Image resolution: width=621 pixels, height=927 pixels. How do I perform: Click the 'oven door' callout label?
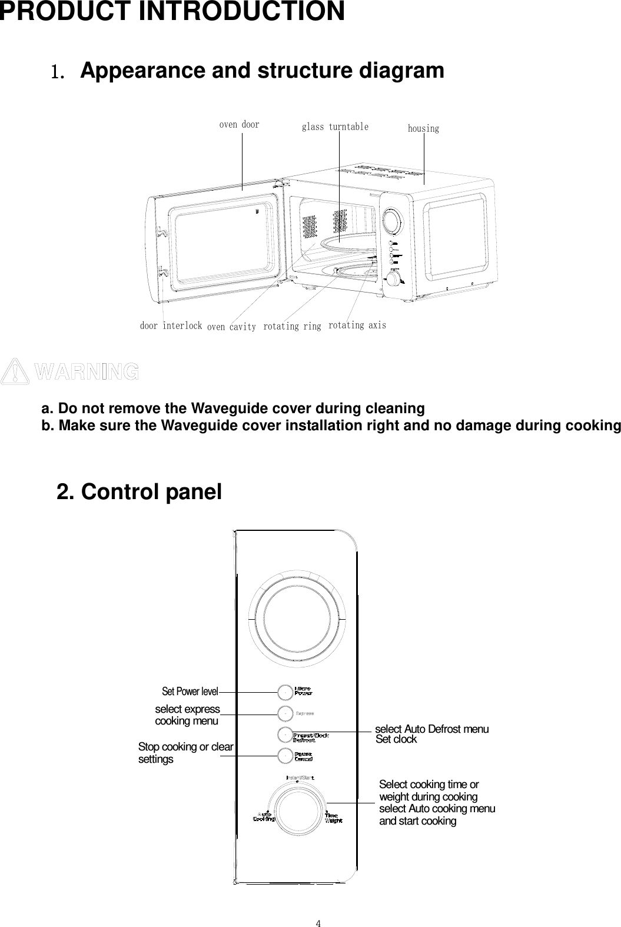coord(239,125)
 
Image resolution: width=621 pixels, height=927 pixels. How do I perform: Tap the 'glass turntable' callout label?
coord(335,127)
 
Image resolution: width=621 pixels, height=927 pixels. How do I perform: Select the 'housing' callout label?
coord(423,128)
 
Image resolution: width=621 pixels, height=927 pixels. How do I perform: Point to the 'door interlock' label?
coord(171,325)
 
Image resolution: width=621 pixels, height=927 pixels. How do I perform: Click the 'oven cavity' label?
coord(231,327)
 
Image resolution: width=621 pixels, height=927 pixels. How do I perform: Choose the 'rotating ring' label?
coord(292,326)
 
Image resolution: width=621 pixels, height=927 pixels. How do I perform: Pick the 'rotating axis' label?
coord(357,325)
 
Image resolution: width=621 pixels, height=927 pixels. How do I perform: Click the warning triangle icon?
coord(15,372)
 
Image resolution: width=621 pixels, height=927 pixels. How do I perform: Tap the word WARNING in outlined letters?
coord(87,372)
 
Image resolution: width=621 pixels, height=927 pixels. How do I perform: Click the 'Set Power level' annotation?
coord(190,691)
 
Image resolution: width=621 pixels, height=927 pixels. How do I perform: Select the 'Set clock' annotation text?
coord(396,740)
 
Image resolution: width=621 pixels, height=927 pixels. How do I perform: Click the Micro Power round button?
coord(285,692)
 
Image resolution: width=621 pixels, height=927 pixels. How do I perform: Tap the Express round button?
coord(285,713)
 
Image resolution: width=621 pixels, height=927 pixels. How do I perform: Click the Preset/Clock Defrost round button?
coord(285,734)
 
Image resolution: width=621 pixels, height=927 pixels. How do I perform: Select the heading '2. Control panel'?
coord(139,492)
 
